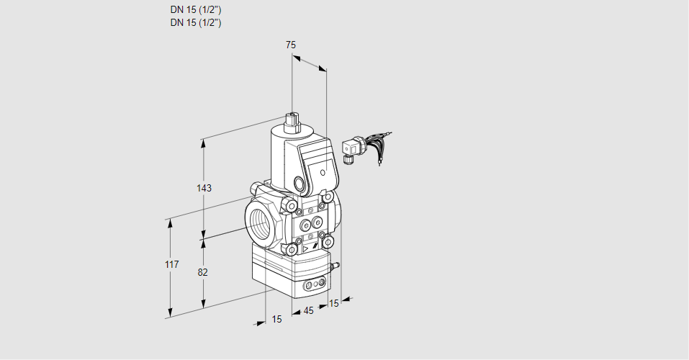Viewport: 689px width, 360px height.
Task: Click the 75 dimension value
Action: (x=291, y=45)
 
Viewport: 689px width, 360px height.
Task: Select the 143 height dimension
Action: (x=204, y=188)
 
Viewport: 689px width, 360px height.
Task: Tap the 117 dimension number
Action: (x=171, y=266)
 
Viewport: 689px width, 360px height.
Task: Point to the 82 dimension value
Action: (x=203, y=272)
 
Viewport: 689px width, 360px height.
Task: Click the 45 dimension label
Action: (x=308, y=311)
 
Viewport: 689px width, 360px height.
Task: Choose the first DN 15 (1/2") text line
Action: (x=195, y=10)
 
